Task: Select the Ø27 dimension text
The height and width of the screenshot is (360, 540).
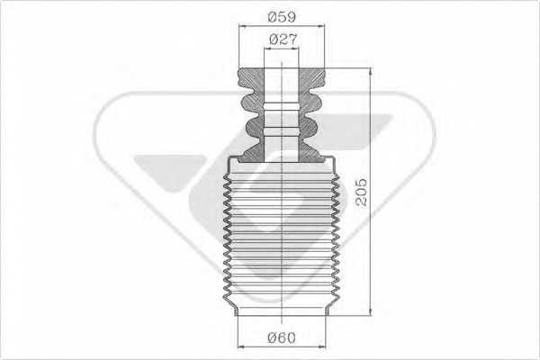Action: pyautogui.click(x=284, y=39)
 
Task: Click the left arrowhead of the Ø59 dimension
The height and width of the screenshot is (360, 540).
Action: pyautogui.click(x=242, y=28)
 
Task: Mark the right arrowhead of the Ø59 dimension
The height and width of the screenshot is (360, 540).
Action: pyautogui.click(x=323, y=28)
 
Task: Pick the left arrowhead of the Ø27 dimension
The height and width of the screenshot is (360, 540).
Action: pyautogui.click(x=265, y=51)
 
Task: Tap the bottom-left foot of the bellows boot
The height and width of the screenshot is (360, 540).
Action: pyautogui.click(x=236, y=310)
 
